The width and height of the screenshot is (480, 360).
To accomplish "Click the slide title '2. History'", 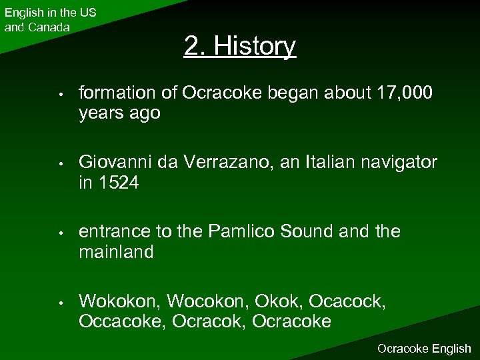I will tap(240, 46).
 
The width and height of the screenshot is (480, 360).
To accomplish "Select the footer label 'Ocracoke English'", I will tap(424, 349).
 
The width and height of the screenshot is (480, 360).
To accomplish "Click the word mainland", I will tap(116, 252).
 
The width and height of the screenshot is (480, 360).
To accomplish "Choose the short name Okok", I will tap(271, 301).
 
